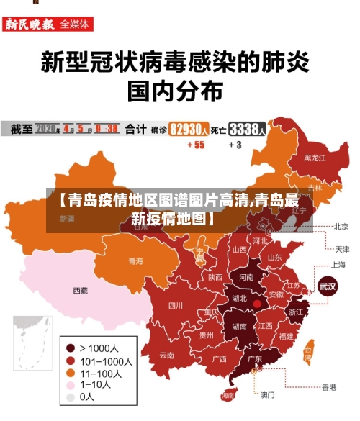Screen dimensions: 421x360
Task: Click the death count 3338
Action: click(246, 130)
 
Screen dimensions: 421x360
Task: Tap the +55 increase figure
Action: click(195, 145)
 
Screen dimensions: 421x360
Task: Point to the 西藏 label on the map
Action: click(81, 291)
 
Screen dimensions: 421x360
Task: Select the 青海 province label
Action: click(135, 261)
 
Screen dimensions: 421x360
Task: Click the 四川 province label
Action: click(176, 304)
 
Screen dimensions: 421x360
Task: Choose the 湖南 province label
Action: click(240, 326)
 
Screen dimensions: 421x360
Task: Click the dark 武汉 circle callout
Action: click(328, 285)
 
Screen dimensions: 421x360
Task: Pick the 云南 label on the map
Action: click(166, 355)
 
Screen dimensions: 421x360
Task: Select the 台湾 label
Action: click(308, 354)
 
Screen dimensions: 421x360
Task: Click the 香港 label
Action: click(328, 387)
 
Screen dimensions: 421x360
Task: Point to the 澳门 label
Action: click(267, 394)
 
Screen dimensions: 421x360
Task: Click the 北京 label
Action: click(341, 226)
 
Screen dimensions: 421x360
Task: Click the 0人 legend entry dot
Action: click(70, 397)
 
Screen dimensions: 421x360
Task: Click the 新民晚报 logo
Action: click(30, 24)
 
